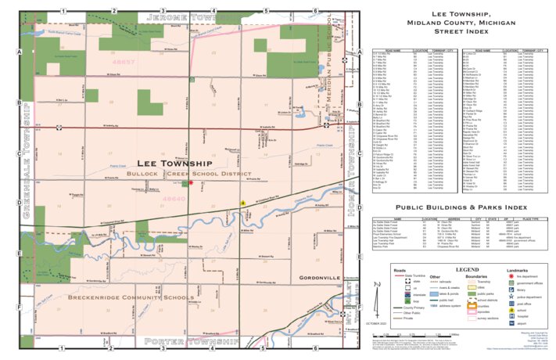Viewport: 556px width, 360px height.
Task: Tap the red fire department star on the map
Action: pos(190,182)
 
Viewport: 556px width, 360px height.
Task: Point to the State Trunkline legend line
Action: pos(381,276)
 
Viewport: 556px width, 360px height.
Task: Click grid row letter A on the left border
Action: pos(19,52)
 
